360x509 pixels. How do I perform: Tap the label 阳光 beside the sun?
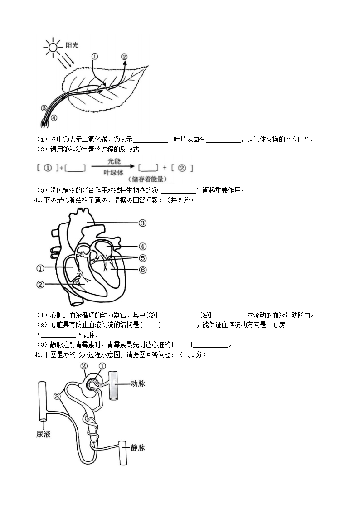pos(72,45)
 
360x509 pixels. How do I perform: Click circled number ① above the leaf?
pos(95,57)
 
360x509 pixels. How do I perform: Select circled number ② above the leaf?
pos(124,57)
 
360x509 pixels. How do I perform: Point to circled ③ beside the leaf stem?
pos(44,108)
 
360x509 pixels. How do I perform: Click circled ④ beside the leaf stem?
pos(54,118)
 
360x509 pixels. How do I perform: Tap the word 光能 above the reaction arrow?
pos(114,161)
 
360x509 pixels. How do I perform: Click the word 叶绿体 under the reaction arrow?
pos(113,172)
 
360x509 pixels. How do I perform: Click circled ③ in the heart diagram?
pos(142,223)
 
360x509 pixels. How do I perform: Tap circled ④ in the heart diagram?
pos(142,247)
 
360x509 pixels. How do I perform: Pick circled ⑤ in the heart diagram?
pos(142,258)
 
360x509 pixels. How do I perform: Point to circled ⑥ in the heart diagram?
pos(142,270)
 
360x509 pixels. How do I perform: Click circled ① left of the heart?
pos(40,268)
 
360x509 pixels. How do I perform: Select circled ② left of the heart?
pos(40,285)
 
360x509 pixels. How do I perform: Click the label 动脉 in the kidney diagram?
pos(138,383)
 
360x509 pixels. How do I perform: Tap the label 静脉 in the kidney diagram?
pos(138,447)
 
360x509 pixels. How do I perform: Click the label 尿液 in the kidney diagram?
pos(43,434)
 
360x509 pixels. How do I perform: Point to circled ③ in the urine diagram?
pos(57,396)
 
